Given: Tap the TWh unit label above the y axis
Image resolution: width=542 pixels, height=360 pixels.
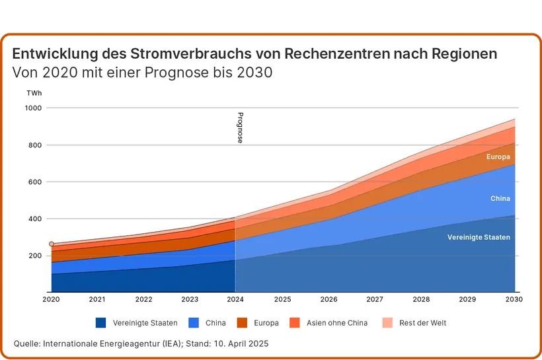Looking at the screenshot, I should click(34, 93).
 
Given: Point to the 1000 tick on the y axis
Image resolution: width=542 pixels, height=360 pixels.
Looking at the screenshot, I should click(33, 108).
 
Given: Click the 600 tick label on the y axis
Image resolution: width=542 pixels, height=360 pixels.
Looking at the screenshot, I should click(34, 182).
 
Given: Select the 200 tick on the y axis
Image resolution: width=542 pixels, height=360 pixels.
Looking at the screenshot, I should click(34, 256).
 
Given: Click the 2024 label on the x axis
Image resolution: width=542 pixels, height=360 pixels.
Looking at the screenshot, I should click(236, 299).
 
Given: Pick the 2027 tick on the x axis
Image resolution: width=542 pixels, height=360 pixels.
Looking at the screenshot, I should click(375, 299).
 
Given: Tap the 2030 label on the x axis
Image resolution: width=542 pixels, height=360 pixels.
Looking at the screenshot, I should click(514, 299).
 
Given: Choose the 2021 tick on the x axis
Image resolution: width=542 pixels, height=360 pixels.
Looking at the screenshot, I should click(97, 299).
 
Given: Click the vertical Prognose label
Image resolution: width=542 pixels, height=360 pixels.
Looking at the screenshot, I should click(241, 127).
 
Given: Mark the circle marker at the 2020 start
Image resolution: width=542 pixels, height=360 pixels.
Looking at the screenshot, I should click(52, 244).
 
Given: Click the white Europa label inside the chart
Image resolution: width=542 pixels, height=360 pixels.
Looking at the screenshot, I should click(498, 157).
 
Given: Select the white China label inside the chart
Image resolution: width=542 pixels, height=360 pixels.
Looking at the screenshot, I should click(500, 198).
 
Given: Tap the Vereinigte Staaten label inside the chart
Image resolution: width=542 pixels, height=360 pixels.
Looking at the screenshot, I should click(479, 237).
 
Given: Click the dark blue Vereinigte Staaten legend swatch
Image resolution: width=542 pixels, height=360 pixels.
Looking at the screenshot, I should click(100, 323).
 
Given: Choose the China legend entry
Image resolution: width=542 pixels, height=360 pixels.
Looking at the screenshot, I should click(208, 323).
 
